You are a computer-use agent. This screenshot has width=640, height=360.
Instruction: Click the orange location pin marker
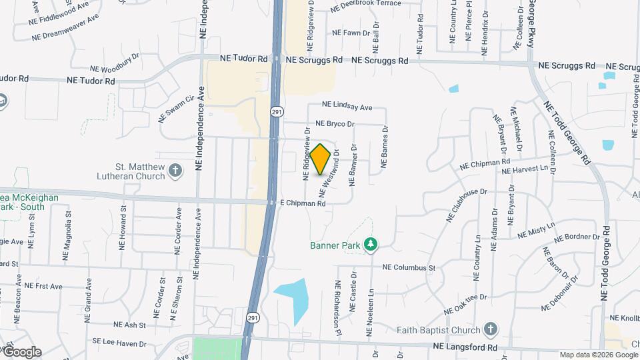point(321,159)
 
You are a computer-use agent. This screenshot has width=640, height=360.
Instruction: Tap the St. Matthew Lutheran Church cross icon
point(175,171)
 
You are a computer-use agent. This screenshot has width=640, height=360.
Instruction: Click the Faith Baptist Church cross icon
point(491,329)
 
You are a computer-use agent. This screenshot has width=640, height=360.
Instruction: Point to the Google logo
point(23,352)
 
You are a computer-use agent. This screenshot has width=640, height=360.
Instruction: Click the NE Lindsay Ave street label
point(347,106)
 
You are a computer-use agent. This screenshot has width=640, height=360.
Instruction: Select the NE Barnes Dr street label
point(385,147)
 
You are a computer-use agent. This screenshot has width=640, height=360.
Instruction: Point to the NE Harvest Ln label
point(529,170)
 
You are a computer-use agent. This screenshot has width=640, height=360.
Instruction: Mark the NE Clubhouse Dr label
point(466,205)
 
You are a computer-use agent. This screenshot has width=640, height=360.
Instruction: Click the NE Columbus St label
point(409,268)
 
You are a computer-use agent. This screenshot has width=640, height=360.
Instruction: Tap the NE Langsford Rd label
point(465,347)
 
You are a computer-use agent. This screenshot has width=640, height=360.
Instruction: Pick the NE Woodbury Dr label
point(115,67)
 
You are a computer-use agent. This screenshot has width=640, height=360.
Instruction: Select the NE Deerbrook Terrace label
point(366,3)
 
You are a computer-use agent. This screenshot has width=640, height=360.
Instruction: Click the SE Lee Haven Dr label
point(119,343)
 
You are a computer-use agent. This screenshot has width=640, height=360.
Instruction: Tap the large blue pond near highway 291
point(293,297)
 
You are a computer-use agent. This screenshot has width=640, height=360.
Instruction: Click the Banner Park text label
point(335,245)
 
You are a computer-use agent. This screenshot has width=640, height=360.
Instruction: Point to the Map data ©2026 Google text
point(597,355)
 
